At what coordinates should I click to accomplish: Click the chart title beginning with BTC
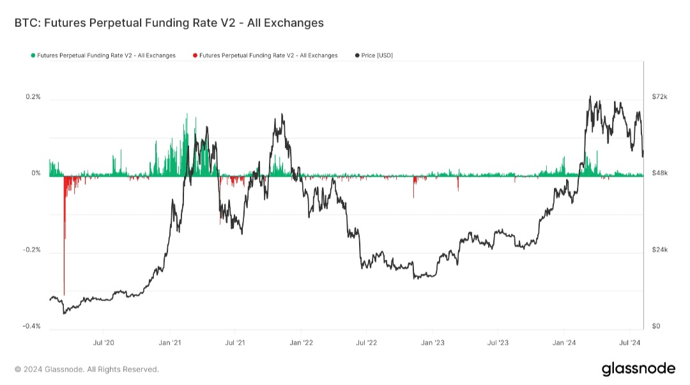point(169,23)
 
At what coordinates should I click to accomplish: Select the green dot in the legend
point(33,56)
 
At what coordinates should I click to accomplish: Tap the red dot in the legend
point(195,56)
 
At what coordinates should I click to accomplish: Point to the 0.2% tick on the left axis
point(33,97)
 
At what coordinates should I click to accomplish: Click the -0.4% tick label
point(32,326)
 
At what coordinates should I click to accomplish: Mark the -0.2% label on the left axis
point(32,250)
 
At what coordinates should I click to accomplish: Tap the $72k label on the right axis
point(659,97)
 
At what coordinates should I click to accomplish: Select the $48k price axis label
point(659,173)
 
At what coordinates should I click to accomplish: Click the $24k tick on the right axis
point(659,250)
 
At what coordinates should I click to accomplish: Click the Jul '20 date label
point(103,343)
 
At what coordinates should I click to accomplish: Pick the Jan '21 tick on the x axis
point(170,343)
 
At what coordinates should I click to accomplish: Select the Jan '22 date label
point(301,343)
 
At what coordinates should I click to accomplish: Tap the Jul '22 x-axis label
point(366,343)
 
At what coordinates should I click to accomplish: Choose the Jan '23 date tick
point(433,343)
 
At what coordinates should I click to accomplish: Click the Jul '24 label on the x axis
point(630,343)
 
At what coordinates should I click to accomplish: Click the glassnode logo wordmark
point(638,369)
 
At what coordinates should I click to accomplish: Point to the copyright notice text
point(86,370)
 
